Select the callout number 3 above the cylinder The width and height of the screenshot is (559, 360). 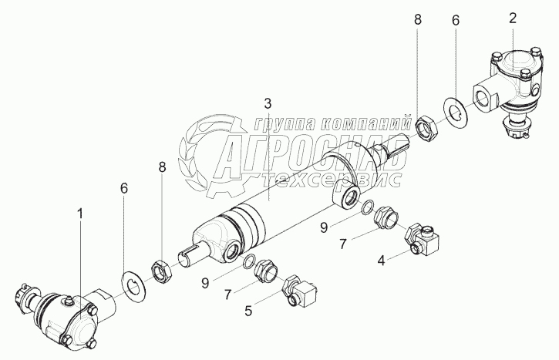(268, 103)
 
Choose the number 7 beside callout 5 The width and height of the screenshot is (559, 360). (228, 293)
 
